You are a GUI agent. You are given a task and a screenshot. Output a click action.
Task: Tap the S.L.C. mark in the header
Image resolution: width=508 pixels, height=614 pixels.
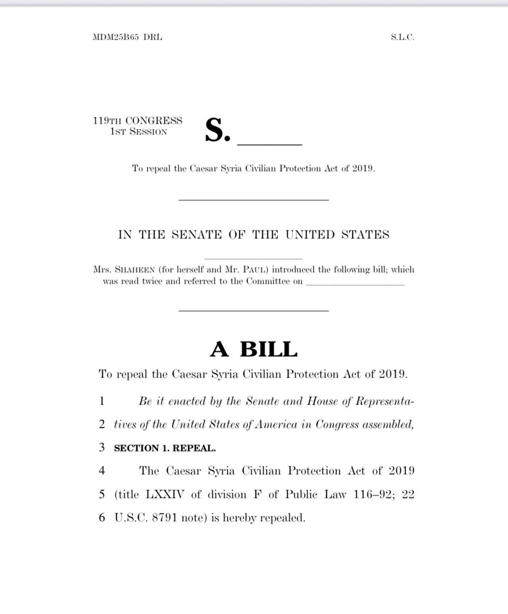pos(401,37)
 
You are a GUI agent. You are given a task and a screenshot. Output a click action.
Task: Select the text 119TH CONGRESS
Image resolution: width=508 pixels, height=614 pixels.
pos(137,121)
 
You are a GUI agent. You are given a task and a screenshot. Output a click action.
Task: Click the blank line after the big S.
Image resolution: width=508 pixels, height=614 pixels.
pos(270,144)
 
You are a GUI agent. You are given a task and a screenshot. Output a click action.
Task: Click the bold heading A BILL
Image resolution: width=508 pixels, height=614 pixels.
pos(253,349)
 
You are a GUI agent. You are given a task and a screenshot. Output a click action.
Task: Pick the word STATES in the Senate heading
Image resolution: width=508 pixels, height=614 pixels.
pos(363,235)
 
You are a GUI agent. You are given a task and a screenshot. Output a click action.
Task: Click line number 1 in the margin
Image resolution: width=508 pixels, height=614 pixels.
pos(102,402)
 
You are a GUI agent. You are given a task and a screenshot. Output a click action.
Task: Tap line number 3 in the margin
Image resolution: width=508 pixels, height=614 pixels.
pos(102,448)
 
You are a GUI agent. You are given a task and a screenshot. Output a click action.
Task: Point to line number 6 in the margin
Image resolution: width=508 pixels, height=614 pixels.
pos(102,517)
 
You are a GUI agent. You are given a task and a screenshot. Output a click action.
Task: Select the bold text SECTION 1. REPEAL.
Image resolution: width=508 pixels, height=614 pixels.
pos(165,448)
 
